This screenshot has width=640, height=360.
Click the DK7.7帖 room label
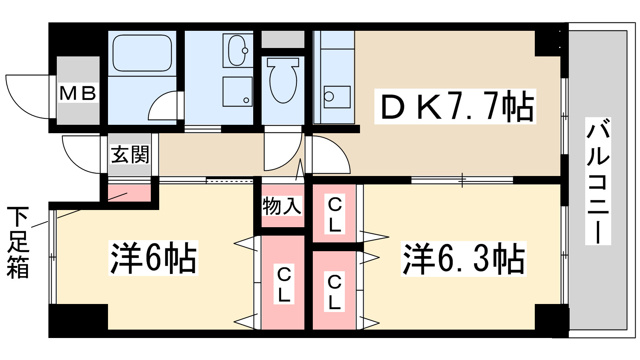pyautogui.click(x=455, y=107)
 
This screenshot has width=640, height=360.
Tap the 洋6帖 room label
pyautogui.click(x=153, y=258)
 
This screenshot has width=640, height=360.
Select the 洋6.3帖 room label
pyautogui.click(x=463, y=259)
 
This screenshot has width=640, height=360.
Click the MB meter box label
pyautogui.click(x=78, y=93)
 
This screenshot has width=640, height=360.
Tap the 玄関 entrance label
pyautogui.click(x=130, y=155)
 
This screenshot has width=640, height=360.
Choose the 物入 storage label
pyautogui.click(x=282, y=206)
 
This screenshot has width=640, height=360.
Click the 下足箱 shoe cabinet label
pyautogui.click(x=18, y=242)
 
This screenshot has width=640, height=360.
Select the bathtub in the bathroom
pyautogui.click(x=142, y=53)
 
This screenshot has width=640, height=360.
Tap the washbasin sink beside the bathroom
pyautogui.click(x=237, y=50)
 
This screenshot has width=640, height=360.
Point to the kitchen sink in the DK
pyautogui.click(x=337, y=96)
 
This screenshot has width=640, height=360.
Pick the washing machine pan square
pyautogui.click(x=237, y=92)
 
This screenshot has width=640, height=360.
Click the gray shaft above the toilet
pyautogui.click(x=283, y=39)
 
